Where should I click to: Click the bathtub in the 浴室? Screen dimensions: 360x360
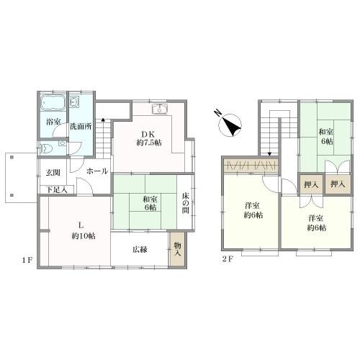click(x=53, y=103)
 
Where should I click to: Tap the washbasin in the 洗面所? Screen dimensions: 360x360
click(x=75, y=102)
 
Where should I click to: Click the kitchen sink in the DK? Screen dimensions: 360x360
click(x=160, y=109)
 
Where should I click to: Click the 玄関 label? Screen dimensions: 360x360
click(x=53, y=172)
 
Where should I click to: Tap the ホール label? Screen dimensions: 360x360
click(x=97, y=171)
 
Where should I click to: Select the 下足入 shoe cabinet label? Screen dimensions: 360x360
click(x=57, y=190)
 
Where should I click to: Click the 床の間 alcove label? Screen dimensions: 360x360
click(x=185, y=203)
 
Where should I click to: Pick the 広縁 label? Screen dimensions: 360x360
click(x=140, y=250)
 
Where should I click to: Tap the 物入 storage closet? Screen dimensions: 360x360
click(x=177, y=249)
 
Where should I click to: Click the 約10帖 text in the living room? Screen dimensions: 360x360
click(x=84, y=236)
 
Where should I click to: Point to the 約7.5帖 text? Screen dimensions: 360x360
click(x=149, y=143)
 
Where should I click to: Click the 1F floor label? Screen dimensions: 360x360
click(x=27, y=260)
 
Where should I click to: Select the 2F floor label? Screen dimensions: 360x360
click(x=228, y=259)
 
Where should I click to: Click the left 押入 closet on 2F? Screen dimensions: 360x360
click(x=311, y=184)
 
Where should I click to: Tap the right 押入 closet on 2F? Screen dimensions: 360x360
click(x=338, y=184)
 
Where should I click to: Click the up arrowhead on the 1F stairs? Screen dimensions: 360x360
click(x=103, y=119)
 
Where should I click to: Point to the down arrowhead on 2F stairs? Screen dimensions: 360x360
click(x=270, y=154)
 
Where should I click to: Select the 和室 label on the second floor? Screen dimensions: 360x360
click(x=325, y=132)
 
